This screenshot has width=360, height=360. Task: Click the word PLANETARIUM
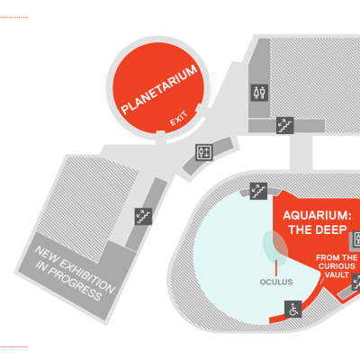coord(159,90)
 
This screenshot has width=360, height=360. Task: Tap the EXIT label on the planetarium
coord(179,119)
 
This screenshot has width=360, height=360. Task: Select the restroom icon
coord(259,93)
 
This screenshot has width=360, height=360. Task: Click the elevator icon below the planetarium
coord(204,152)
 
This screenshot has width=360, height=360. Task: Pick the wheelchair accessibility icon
coord(293,310)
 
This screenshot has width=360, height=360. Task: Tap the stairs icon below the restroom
coord(284,125)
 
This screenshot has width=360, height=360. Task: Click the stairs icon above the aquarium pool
coord(258,192)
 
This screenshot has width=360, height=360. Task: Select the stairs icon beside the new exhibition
coord(143,216)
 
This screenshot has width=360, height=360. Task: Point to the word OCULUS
coord(276,282)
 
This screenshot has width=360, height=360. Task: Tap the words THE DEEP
coord(318,229)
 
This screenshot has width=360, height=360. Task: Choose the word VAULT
coord(337,274)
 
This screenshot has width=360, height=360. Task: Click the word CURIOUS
coord(337,266)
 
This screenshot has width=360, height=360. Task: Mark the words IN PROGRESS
coord(68,281)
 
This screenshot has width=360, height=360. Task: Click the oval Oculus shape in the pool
coord(274,247)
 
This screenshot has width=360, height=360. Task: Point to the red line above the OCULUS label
coord(275,268)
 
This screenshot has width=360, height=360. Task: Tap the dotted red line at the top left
coord(14,17)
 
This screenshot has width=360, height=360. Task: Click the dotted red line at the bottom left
coord(14,346)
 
